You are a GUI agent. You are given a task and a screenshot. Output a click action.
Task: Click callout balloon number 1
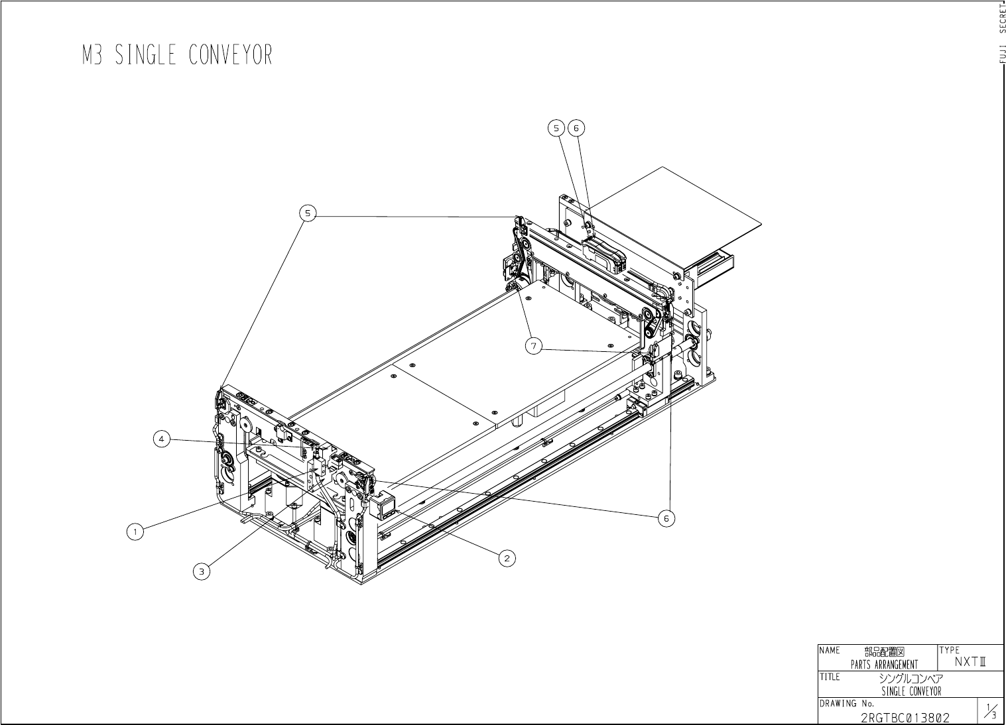tap(135, 531)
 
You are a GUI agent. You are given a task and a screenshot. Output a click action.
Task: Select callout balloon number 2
tap(507, 558)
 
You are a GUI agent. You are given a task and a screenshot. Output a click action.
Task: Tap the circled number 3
tap(202, 571)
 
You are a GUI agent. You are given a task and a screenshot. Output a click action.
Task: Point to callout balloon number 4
tap(162, 438)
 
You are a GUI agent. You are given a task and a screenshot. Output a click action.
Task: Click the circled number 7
tap(534, 345)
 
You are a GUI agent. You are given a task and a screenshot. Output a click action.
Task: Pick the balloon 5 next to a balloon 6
tap(556, 127)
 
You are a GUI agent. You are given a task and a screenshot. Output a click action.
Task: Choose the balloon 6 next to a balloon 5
tap(576, 127)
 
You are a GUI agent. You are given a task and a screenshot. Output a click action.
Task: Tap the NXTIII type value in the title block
tap(971, 661)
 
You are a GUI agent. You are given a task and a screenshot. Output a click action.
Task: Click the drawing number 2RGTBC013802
tap(905, 718)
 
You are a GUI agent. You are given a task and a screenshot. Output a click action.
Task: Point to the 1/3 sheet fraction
tap(991, 712)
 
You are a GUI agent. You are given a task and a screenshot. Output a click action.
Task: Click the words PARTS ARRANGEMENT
tap(884, 665)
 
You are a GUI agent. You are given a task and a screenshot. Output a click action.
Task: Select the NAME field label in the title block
tap(830, 650)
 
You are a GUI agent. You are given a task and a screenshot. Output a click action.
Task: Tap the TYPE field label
tap(949, 650)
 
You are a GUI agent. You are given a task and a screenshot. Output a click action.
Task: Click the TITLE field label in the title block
tap(830, 677)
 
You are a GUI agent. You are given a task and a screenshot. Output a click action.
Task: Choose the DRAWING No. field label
tap(846, 703)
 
